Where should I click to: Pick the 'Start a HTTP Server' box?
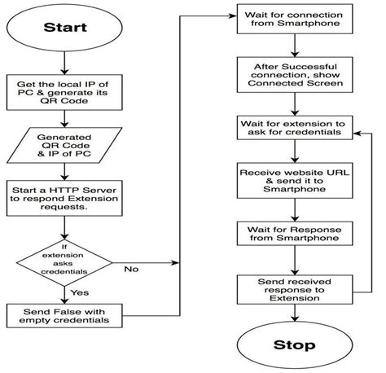tap(65, 196)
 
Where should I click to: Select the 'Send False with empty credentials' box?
tap(65, 315)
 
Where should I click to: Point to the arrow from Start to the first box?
tap(65, 65)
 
